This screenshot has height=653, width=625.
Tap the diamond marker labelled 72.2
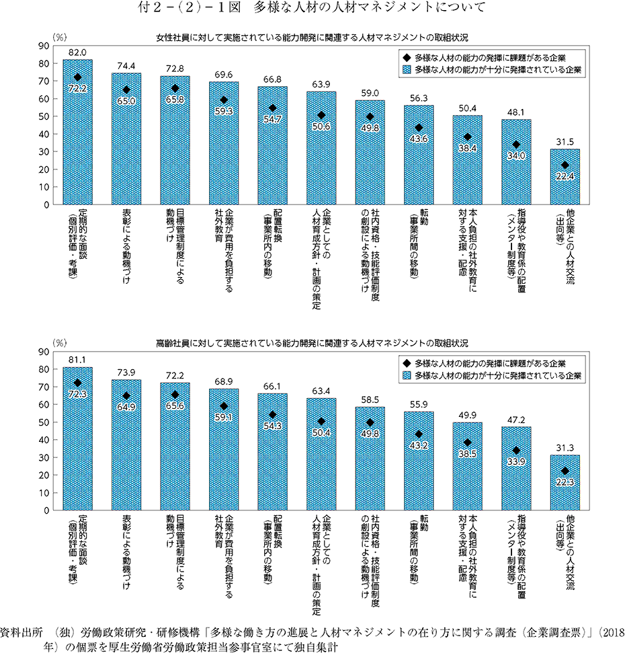[x=78, y=77]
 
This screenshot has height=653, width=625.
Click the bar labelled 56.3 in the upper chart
[x=419, y=155]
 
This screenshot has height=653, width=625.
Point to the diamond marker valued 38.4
[x=468, y=137]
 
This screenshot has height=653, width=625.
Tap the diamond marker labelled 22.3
[x=565, y=471]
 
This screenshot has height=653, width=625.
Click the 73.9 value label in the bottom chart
[x=126, y=373]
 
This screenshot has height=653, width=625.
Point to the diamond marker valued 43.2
[x=419, y=434]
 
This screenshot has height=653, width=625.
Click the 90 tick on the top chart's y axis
[x=44, y=46]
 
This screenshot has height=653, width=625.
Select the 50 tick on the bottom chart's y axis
[x=44, y=422]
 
